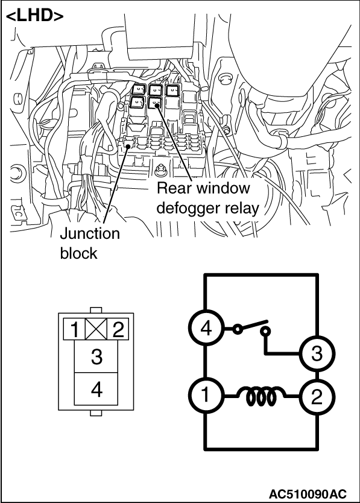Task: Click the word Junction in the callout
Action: pyautogui.click(x=90, y=233)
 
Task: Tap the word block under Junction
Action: pyautogui.click(x=78, y=253)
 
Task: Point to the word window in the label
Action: pyautogui.click(x=223, y=188)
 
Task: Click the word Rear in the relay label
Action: pyautogui.click(x=175, y=188)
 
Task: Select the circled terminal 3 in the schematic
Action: pyautogui.click(x=317, y=354)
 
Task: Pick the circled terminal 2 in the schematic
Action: pyautogui.click(x=317, y=396)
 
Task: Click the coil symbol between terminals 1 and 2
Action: pyautogui.click(x=261, y=396)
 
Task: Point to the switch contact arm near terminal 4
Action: pyautogui.click(x=253, y=325)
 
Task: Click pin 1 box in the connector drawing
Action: pyautogui.click(x=74, y=329)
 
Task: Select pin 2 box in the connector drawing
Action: pyautogui.click(x=118, y=329)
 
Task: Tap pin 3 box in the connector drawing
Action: pyautogui.click(x=96, y=356)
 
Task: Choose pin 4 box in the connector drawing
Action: pyautogui.click(x=96, y=389)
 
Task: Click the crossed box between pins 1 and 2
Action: pyautogui.click(x=96, y=329)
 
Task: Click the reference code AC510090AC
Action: pyautogui.click(x=308, y=493)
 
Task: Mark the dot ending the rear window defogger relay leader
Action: pyautogui.click(x=156, y=103)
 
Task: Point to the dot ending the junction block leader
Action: pyautogui.click(x=128, y=146)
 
